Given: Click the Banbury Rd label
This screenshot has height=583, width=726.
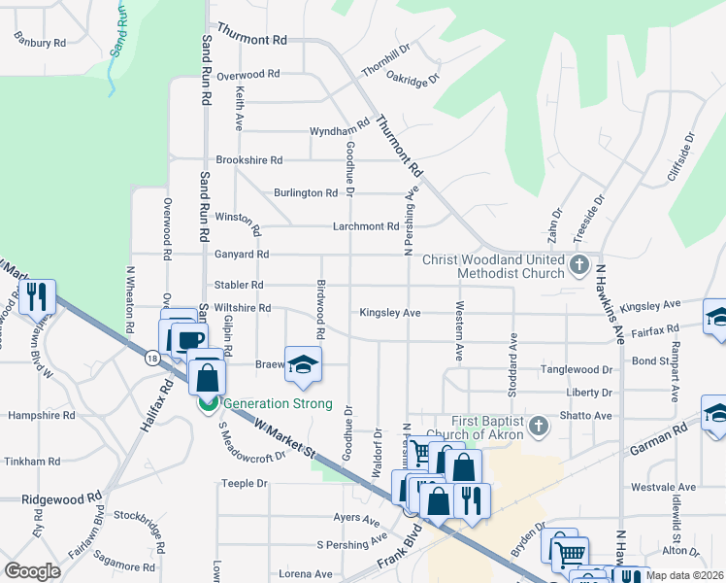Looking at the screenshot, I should (x=40, y=42).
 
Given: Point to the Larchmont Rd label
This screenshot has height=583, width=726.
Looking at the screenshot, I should (x=367, y=226).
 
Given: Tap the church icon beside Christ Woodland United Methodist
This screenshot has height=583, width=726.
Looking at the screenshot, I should (x=578, y=264).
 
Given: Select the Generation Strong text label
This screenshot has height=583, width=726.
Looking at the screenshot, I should (x=278, y=404).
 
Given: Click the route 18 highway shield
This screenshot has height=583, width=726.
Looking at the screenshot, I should (x=152, y=359).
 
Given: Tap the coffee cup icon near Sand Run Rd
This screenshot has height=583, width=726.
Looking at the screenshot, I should (x=189, y=340).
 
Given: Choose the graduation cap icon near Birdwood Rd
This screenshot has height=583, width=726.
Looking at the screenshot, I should (x=302, y=364).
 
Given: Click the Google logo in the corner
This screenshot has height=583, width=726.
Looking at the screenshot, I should (x=32, y=570).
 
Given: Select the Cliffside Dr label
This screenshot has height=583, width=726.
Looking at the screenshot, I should (x=690, y=154).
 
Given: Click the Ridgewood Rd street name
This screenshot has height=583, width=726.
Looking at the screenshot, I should (x=62, y=497).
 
